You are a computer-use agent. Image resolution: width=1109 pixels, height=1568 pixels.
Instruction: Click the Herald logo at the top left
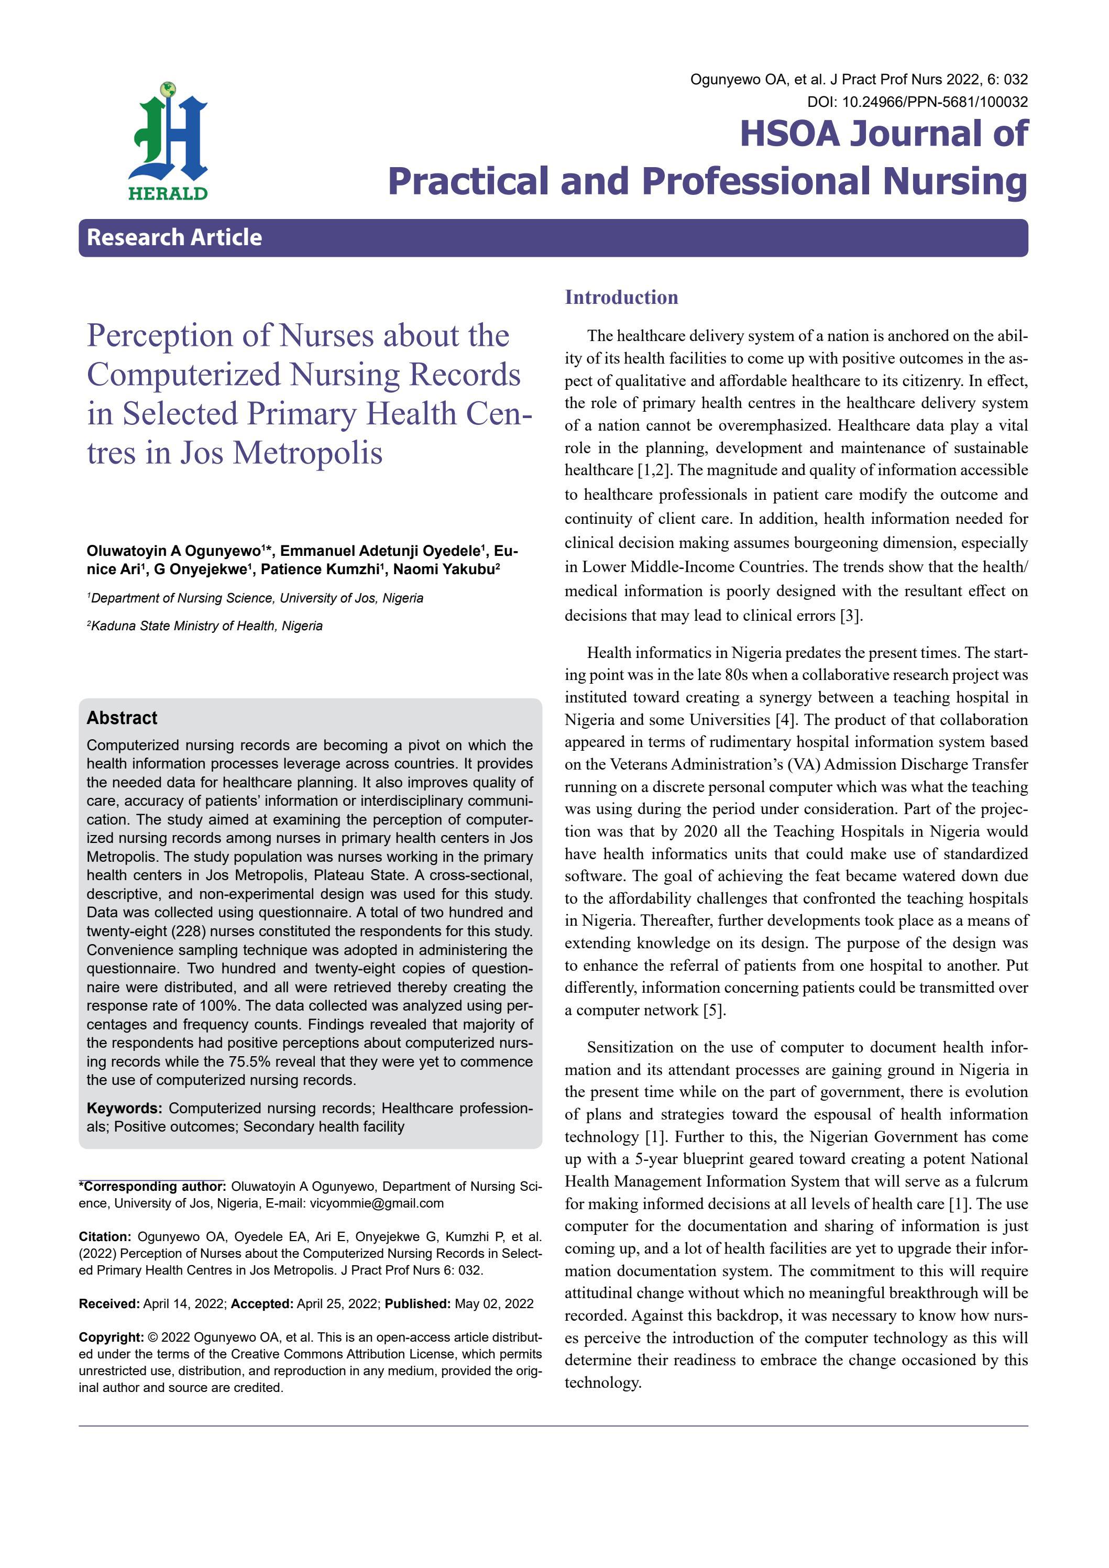[x=168, y=142]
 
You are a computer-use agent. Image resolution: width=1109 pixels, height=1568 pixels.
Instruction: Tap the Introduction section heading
[x=621, y=297]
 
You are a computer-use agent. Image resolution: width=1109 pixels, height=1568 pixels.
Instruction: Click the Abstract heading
[x=122, y=718]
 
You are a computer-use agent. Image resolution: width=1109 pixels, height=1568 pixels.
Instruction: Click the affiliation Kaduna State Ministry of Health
[x=206, y=626]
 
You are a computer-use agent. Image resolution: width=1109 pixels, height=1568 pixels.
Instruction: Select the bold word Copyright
[x=111, y=1337]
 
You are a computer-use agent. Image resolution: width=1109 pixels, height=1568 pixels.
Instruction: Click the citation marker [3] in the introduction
[x=851, y=616]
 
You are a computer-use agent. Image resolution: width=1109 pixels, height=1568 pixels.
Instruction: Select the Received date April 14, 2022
[x=183, y=1304]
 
